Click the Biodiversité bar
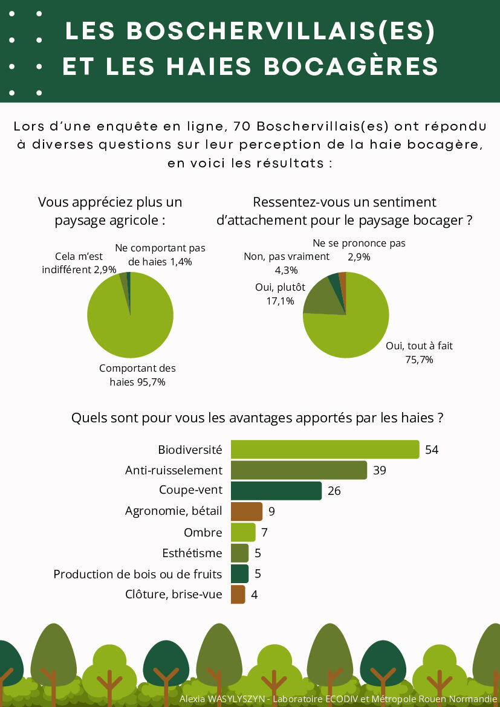[x=325, y=450]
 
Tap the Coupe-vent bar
[x=276, y=491]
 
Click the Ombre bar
[x=243, y=532]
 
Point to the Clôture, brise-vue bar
[x=238, y=595]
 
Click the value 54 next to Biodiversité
[x=432, y=450]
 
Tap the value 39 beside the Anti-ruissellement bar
[x=379, y=470]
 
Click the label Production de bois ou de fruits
[x=138, y=574]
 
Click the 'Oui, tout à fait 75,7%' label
[x=419, y=353]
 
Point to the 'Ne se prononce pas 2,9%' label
[x=359, y=250]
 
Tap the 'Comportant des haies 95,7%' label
[x=137, y=375]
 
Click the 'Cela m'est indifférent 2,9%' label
[x=79, y=263]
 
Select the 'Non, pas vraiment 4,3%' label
[x=287, y=263]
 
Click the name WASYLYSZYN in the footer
[x=236, y=699]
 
